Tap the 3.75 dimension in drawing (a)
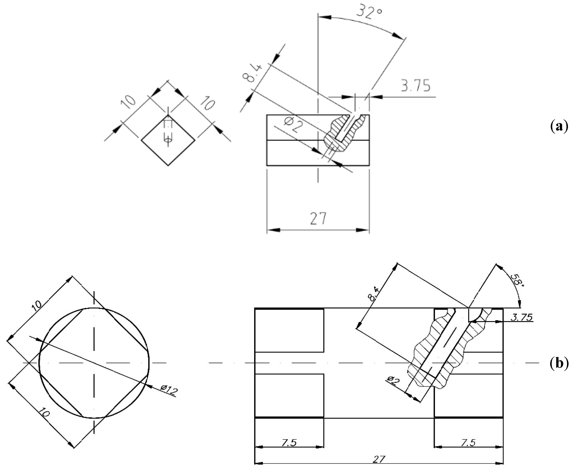click(416, 85)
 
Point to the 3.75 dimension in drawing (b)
click(521, 317)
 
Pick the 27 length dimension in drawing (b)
click(379, 459)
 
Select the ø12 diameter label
click(169, 390)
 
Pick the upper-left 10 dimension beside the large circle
click(37, 305)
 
